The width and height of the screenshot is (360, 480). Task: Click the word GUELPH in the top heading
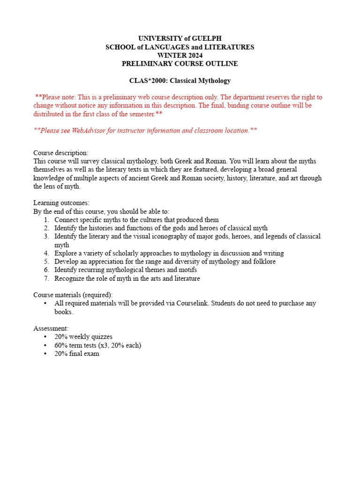coord(206,38)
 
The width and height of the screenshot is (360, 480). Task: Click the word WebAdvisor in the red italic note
coord(90,130)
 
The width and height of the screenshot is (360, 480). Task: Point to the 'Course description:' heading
coord(60,153)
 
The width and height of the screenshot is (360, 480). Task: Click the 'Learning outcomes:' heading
coord(61,203)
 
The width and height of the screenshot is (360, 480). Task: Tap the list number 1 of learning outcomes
coord(46,220)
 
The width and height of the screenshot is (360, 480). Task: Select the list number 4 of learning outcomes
coord(46,253)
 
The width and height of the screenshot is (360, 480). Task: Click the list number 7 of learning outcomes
coord(46,278)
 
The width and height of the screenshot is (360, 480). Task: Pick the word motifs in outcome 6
coord(187,270)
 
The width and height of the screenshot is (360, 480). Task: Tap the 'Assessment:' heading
coord(51,329)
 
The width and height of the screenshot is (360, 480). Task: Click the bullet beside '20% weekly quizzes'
coord(45,337)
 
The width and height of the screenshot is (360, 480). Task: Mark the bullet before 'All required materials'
coord(45,303)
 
